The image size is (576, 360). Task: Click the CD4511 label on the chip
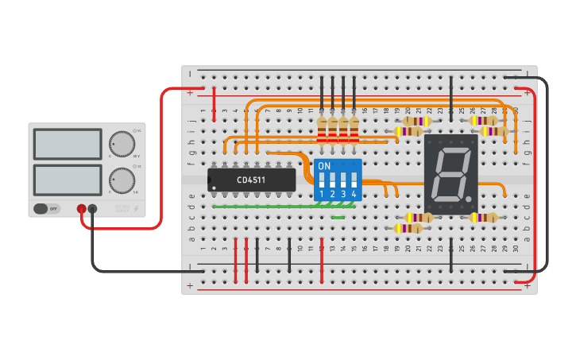251,180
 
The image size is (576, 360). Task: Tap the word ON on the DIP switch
323,166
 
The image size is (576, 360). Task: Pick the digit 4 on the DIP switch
354,193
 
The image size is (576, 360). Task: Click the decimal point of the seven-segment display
469,198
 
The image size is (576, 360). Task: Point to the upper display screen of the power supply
68,144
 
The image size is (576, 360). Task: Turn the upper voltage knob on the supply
122,143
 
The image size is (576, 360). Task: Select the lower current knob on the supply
122,180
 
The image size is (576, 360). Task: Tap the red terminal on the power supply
81,209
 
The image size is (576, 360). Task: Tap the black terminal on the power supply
92,209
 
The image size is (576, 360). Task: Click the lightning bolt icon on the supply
135,209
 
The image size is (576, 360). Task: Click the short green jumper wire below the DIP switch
338,217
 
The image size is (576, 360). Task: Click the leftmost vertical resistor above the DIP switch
322,130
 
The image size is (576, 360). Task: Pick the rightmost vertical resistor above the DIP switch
354,130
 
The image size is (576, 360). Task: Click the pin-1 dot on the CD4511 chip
214,188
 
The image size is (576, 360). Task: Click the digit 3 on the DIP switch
343,193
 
